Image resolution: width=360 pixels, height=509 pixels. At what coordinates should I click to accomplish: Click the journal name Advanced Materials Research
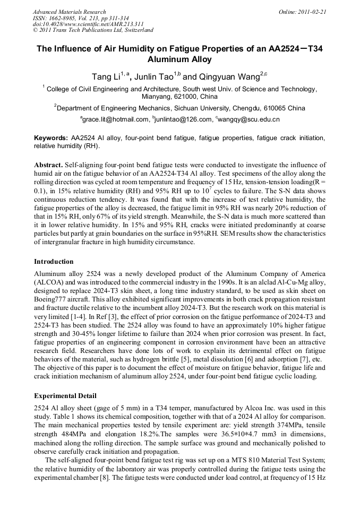69,12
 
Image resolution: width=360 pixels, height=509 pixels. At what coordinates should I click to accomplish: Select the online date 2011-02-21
313,12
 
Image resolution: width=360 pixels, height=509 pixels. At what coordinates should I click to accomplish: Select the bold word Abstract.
48,165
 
